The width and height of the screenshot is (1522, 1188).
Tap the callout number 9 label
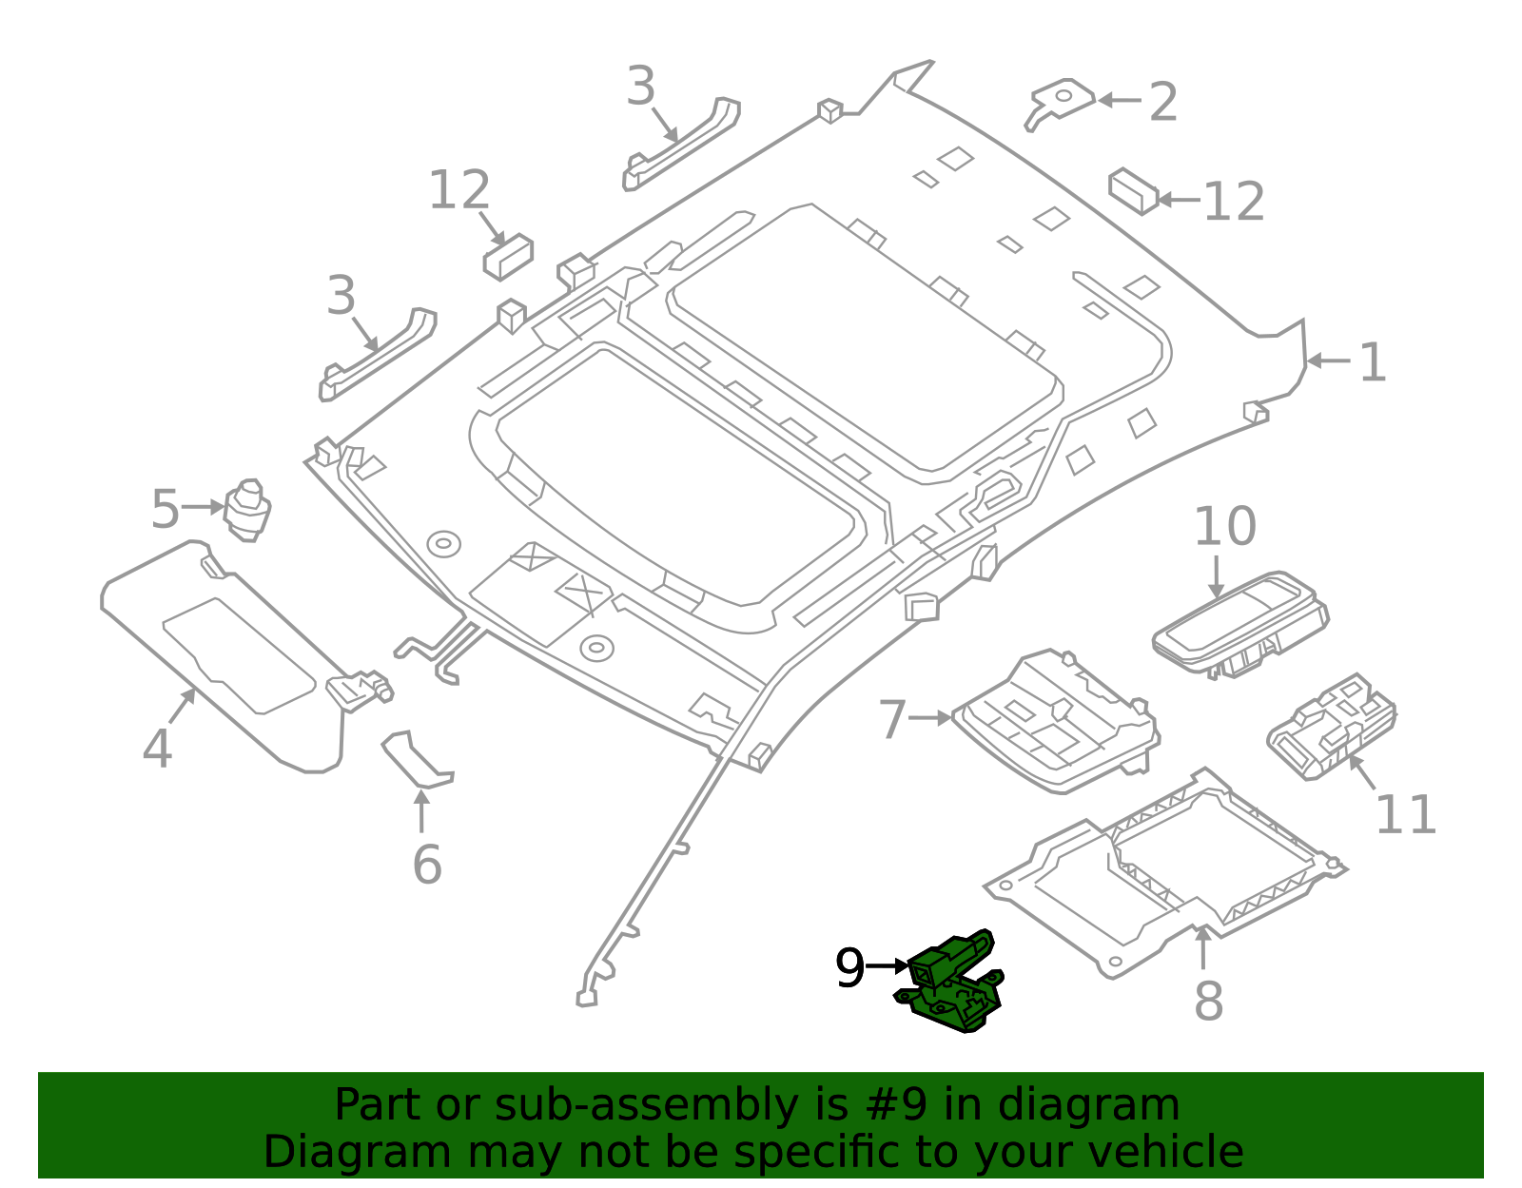[x=849, y=968]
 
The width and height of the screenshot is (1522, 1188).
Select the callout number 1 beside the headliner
[x=1371, y=363]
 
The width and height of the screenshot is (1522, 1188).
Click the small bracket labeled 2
[x=1061, y=101]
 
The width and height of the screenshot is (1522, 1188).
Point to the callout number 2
[x=1162, y=102]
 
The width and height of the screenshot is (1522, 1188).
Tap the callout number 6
[x=427, y=865]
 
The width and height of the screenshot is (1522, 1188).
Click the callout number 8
[x=1208, y=1001]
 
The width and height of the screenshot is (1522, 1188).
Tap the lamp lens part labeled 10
[x=1237, y=623]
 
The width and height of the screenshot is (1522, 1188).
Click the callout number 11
[x=1405, y=815]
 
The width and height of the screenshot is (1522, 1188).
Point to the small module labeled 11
[x=1332, y=728]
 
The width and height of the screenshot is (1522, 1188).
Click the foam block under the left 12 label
[x=508, y=257]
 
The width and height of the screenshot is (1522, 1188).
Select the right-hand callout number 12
[x=1234, y=202]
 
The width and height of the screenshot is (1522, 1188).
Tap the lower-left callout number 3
[x=341, y=296]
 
